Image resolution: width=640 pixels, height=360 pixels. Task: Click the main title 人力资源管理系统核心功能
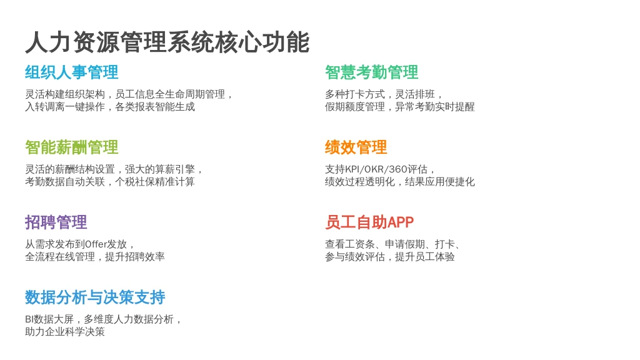tap(167, 42)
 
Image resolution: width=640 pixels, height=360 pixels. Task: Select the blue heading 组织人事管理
tap(72, 72)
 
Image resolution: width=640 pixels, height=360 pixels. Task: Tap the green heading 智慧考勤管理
tap(371, 72)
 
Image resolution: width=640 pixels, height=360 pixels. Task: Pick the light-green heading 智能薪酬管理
tap(72, 147)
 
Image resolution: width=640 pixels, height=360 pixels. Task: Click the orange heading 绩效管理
tap(356, 147)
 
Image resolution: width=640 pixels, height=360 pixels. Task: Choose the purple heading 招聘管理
tap(56, 222)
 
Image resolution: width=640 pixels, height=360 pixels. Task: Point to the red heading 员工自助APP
tap(369, 222)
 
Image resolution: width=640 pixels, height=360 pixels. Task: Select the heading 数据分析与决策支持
tap(95, 297)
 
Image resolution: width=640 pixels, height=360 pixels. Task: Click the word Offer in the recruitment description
tap(96, 244)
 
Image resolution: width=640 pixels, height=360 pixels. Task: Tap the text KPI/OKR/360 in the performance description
tap(376, 169)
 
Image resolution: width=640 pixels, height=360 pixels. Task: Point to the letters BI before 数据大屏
tap(29, 319)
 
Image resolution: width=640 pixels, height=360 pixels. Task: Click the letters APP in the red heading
tap(401, 222)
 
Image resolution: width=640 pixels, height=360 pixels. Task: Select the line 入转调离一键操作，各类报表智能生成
tap(110, 107)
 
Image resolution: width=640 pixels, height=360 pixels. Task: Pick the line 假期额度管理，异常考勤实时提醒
tap(399, 107)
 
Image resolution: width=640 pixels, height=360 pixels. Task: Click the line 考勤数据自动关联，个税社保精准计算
tap(110, 182)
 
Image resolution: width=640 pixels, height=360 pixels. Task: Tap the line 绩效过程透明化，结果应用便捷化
tap(399, 182)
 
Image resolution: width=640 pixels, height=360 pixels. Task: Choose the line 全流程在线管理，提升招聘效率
tap(95, 257)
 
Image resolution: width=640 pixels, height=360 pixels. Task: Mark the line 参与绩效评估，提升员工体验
tap(390, 257)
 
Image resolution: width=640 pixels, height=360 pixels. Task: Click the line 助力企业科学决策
tap(65, 332)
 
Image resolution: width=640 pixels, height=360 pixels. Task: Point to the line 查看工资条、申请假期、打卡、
tap(393, 244)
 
